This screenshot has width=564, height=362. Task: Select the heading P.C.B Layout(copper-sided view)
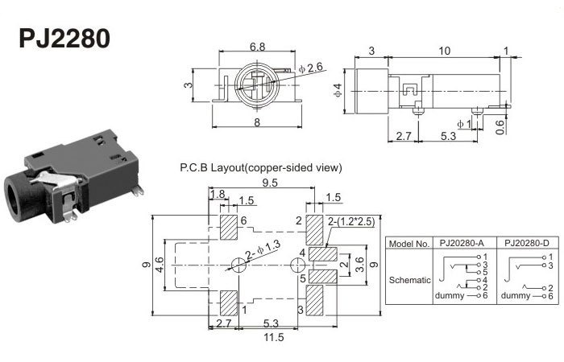(262, 168)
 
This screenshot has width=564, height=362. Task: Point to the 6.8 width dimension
(258, 47)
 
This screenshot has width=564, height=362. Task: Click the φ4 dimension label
(338, 90)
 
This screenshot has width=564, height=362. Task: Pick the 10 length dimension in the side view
(444, 51)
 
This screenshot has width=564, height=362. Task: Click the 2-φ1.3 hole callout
(264, 254)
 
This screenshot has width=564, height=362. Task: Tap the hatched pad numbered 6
(228, 228)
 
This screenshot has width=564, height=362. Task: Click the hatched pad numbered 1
(228, 302)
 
